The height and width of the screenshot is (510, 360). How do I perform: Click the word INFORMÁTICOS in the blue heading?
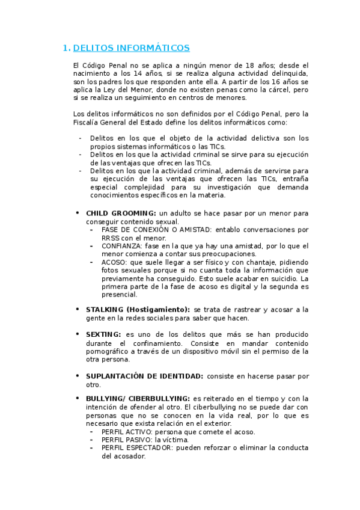click(x=155, y=48)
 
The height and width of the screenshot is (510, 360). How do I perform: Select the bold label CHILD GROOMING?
click(x=121, y=213)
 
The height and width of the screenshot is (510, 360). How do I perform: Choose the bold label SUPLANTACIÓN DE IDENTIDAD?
click(x=144, y=376)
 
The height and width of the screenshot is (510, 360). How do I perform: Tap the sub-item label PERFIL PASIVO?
click(x=127, y=440)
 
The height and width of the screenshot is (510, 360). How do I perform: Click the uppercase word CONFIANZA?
click(x=122, y=246)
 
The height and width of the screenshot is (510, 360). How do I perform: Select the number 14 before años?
click(x=132, y=73)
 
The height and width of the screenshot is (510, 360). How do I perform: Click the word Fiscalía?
click(x=86, y=122)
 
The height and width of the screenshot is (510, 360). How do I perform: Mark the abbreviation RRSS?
click(x=112, y=238)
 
